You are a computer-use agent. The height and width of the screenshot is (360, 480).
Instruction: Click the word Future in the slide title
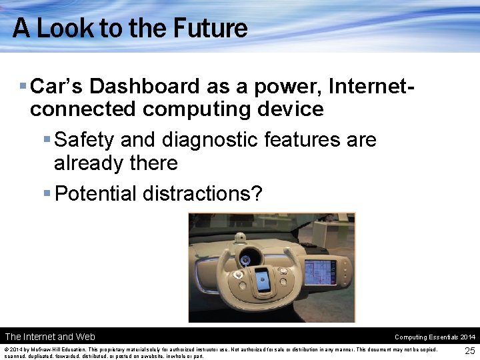tap(210, 28)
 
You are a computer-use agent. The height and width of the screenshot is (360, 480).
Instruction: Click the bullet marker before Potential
tap(46, 193)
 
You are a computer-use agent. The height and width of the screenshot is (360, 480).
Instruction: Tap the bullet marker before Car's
tap(23, 86)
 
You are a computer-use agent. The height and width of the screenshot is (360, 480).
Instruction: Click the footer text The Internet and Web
tap(50, 337)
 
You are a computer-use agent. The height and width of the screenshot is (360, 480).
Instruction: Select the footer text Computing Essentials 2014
tap(435, 337)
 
